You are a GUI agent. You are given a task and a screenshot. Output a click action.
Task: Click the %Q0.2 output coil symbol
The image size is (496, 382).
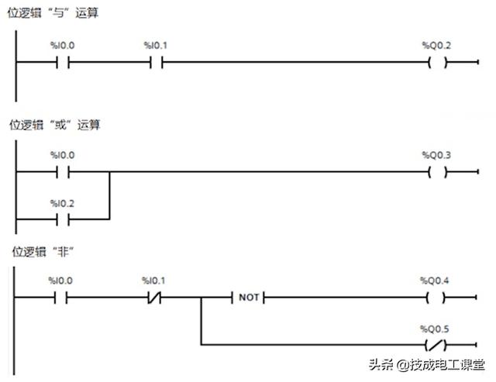(438, 63)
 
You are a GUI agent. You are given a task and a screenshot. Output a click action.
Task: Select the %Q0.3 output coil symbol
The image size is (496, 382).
(438, 172)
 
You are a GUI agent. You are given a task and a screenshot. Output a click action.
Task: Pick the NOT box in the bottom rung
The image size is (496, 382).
(247, 297)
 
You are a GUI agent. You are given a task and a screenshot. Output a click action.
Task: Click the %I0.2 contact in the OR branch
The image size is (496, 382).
(63, 219)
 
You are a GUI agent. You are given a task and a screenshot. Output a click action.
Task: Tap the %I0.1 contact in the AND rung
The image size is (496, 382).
(156, 63)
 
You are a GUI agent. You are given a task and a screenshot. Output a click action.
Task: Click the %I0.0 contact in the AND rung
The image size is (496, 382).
(63, 63)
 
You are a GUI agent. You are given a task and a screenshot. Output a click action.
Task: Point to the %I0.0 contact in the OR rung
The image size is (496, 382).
(63, 172)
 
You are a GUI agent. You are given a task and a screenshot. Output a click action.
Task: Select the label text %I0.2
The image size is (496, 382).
(63, 203)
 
